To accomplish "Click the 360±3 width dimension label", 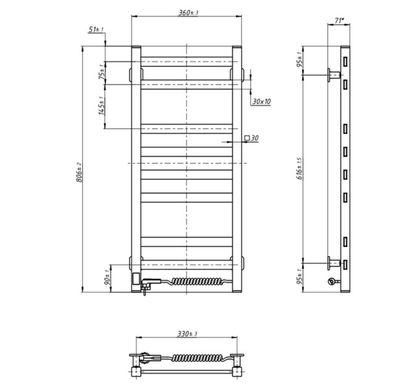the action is coord(188,12).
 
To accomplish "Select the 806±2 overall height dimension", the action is coord(79,172).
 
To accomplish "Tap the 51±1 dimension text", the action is coord(96,29).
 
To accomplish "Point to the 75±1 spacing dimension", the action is coord(102,72).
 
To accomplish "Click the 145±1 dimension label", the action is coord(101,106).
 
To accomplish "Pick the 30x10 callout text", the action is coord(261,101).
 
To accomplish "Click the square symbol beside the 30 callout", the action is coord(247,138).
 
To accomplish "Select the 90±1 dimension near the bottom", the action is coord(107,277).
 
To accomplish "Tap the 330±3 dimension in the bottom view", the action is coord(187,334).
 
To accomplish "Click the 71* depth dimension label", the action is coord(339,20).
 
